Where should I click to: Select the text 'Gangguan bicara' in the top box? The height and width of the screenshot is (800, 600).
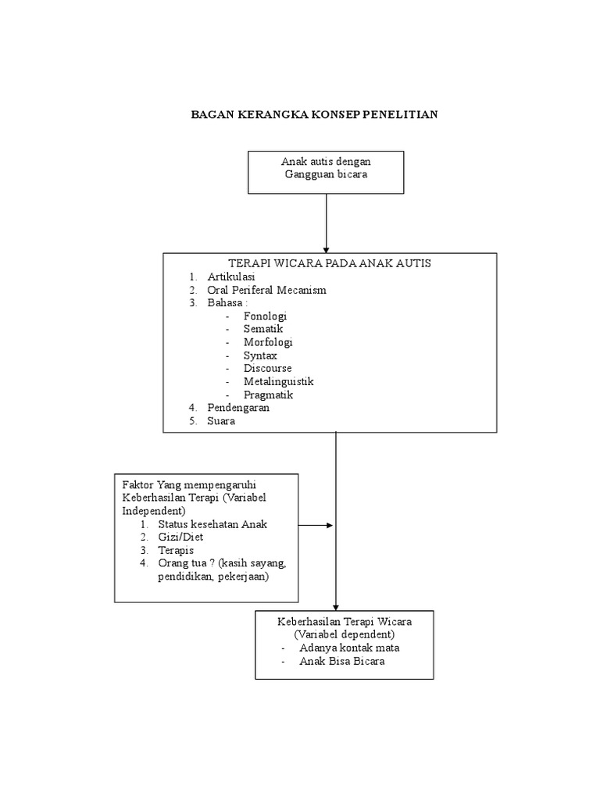326,174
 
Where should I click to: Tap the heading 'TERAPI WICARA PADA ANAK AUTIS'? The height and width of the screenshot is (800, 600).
330,263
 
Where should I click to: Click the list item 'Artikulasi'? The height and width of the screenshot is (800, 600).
231,277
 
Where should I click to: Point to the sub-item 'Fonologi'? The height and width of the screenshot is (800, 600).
265,316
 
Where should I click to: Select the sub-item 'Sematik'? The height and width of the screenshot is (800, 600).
262,330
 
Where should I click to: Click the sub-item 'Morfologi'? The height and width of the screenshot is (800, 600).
268,342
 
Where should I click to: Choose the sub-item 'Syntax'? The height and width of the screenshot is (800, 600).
259,355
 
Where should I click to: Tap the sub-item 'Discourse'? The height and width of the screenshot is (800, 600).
267,368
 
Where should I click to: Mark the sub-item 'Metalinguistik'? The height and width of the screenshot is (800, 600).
278,381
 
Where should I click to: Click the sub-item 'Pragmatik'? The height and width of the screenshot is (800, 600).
268,395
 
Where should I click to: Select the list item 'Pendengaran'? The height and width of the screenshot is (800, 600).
238,407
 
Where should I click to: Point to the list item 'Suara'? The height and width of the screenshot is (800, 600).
221,420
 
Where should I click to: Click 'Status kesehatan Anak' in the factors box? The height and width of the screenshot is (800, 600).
212,524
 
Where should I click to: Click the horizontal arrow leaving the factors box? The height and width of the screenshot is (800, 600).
316,525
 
